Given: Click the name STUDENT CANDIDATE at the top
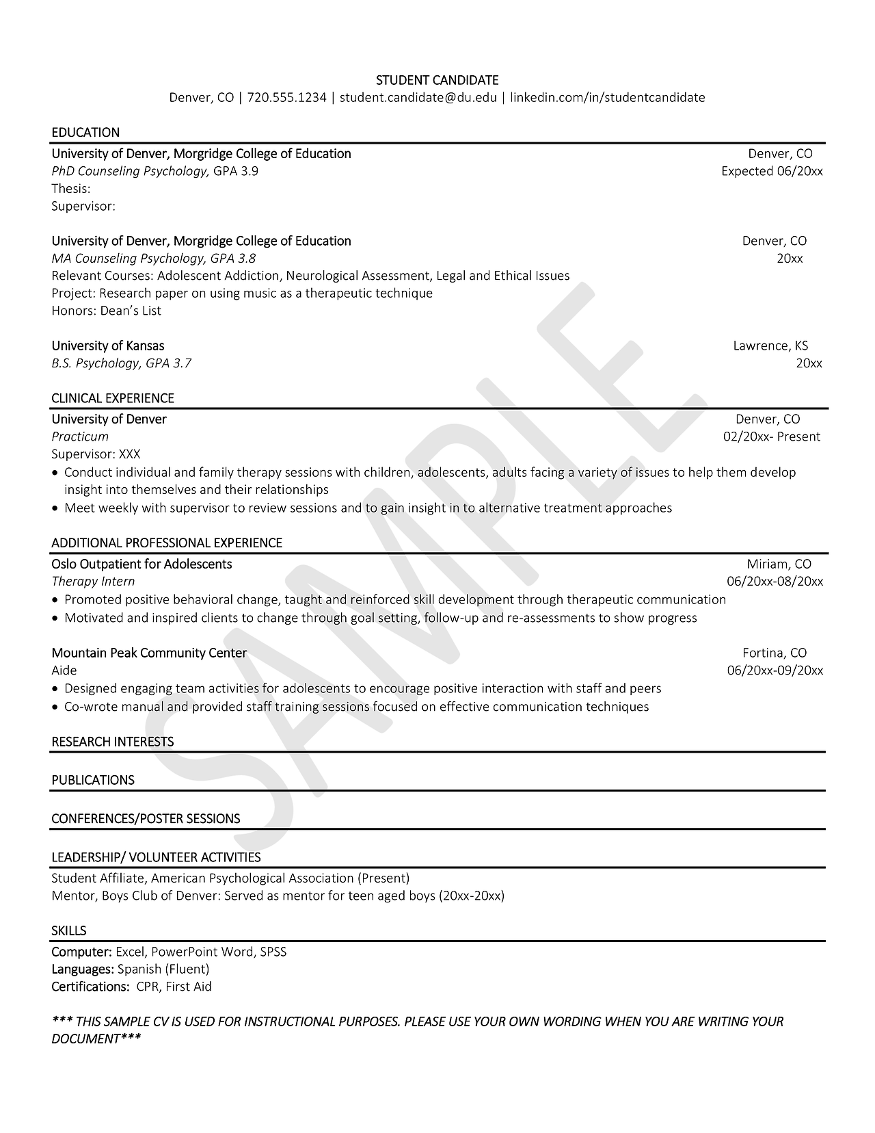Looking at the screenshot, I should click(x=437, y=80).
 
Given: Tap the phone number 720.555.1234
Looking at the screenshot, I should click(x=286, y=97).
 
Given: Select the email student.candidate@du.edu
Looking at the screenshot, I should click(x=418, y=97).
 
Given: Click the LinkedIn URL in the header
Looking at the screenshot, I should click(x=607, y=97).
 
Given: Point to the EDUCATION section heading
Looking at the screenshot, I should click(x=85, y=132).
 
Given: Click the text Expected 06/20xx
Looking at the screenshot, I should click(x=772, y=171).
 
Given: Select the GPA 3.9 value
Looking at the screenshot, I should click(x=236, y=171).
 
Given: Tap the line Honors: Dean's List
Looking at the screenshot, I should click(x=106, y=311).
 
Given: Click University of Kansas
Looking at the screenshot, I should click(x=108, y=346).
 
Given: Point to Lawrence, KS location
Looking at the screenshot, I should click(x=770, y=346).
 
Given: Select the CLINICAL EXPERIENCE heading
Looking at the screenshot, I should click(x=113, y=398).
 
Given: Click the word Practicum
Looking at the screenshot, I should click(x=80, y=437).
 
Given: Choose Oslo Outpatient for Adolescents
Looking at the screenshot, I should click(x=142, y=564).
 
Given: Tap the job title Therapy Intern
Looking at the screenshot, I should click(x=93, y=582).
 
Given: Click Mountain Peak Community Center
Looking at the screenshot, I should click(x=149, y=653).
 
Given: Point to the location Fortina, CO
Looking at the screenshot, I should click(x=775, y=653).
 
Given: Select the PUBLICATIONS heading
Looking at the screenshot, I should click(x=93, y=780).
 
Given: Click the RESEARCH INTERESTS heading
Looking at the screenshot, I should click(x=113, y=742).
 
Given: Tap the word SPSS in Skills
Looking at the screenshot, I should click(x=273, y=952).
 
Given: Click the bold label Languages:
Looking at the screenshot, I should click(x=83, y=969).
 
